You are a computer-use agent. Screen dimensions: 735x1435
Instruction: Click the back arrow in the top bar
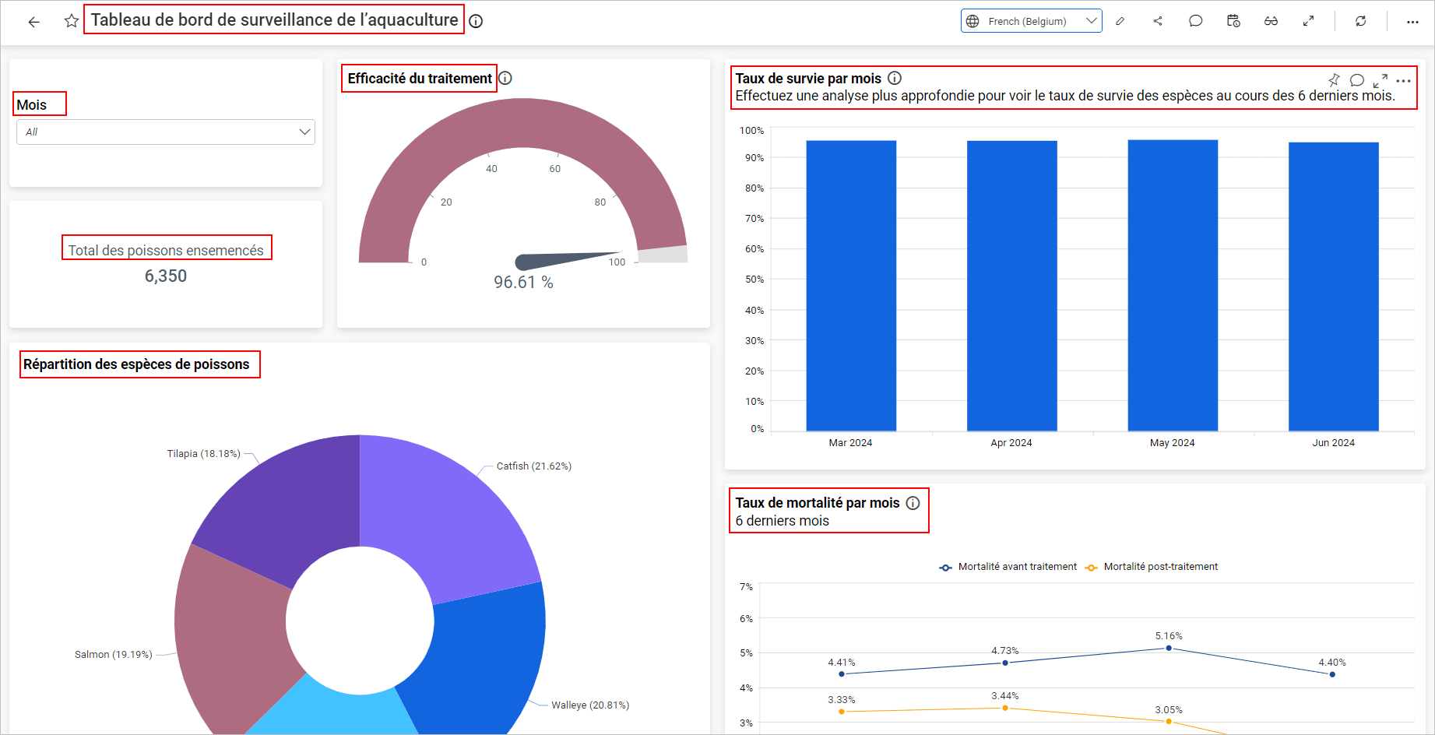pyautogui.click(x=33, y=22)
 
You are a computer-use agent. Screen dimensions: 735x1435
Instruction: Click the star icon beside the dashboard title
pyautogui.click(x=71, y=21)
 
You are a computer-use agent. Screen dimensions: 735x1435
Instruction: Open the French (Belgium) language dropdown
pyautogui.click(x=1031, y=21)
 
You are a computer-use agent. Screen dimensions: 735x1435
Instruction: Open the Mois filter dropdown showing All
pyautogui.click(x=165, y=132)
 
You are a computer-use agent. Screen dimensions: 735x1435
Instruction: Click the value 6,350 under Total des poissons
pyautogui.click(x=166, y=276)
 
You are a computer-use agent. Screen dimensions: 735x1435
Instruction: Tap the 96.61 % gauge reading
pyautogui.click(x=523, y=282)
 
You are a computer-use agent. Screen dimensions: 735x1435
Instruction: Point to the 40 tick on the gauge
pyautogui.click(x=491, y=168)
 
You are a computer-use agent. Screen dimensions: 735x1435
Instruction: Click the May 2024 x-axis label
pyautogui.click(x=1172, y=442)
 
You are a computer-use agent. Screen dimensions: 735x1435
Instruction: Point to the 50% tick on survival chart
pyautogui.click(x=754, y=279)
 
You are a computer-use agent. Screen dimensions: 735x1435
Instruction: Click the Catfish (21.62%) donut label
pyautogui.click(x=533, y=466)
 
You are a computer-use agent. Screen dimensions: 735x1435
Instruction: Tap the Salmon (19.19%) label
pyautogui.click(x=113, y=654)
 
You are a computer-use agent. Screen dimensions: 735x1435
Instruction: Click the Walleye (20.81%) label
pyautogui.click(x=590, y=705)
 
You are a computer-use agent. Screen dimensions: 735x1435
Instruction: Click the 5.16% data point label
pyautogui.click(x=1168, y=636)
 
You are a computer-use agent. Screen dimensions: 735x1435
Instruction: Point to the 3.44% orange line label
pyautogui.click(x=1004, y=695)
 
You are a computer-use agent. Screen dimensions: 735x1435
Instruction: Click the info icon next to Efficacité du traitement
pyautogui.click(x=505, y=78)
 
